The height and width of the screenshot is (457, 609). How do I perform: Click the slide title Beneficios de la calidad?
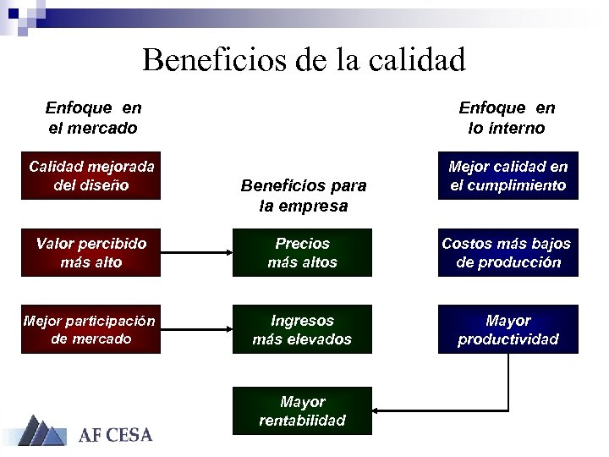[x=304, y=60]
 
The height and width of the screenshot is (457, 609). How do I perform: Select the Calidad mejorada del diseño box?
[x=91, y=175]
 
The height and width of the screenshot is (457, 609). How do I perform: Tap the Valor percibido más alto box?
[x=91, y=252]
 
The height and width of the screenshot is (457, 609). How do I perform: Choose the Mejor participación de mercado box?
[x=91, y=329]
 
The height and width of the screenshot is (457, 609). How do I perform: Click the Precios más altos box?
[x=302, y=252]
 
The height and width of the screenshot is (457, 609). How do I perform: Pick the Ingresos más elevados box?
[x=302, y=329]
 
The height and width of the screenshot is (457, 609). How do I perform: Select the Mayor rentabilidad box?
[x=302, y=410]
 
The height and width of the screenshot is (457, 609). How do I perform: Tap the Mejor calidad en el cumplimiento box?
[x=507, y=175]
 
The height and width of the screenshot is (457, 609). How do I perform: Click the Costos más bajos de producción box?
[x=507, y=252]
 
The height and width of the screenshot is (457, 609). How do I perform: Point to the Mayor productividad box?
[x=507, y=329]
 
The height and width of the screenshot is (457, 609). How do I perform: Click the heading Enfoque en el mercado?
[x=92, y=118]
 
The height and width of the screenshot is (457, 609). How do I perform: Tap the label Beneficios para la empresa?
[x=303, y=195]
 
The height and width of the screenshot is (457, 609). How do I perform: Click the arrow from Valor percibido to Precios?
[x=195, y=252]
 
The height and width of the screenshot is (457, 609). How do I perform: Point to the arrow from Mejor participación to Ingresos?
[x=195, y=329]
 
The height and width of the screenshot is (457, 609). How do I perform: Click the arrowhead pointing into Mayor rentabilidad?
[x=377, y=410]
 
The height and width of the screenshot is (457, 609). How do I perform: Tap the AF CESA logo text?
[x=116, y=436]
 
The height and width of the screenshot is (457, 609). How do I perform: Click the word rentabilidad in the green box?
[x=302, y=420]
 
